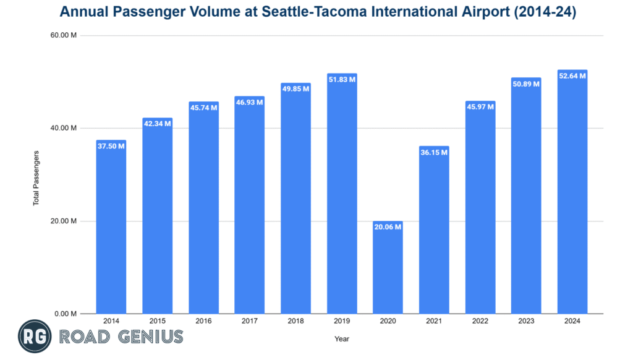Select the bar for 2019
click(342, 198)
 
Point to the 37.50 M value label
click(111, 147)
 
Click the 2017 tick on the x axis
click(249, 322)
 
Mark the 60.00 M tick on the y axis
click(64, 35)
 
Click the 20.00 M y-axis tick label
click(64, 221)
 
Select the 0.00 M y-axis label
click(66, 314)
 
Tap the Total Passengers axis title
click(36, 178)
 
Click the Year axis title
click(342, 338)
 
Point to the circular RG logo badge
click(35, 336)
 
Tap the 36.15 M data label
click(434, 153)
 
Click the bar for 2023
click(526, 198)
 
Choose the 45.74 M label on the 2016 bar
click(203, 108)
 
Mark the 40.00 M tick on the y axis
click(64, 128)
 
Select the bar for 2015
click(157, 216)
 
